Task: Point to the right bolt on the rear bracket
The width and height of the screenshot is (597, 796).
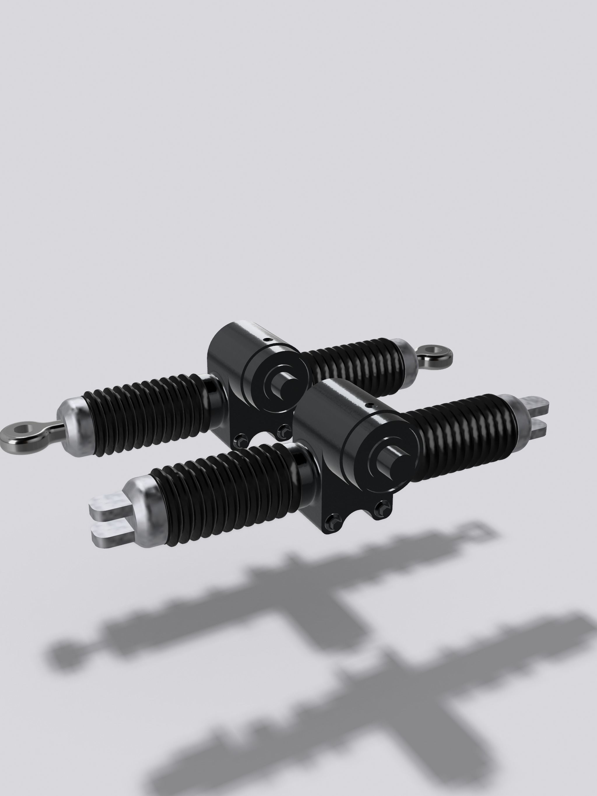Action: click(285, 429)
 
